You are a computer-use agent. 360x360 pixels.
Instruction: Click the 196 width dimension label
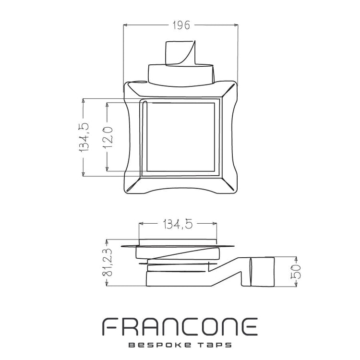click(181, 25)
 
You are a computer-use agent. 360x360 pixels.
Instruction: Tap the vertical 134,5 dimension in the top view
click(84, 137)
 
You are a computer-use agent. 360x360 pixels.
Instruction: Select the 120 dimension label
click(108, 137)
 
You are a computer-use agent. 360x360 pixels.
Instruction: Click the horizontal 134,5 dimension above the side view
click(178, 224)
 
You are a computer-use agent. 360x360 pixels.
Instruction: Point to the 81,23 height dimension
click(108, 263)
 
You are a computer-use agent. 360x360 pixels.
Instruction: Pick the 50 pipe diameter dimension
click(296, 272)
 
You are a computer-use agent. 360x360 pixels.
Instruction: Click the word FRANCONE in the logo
click(180, 327)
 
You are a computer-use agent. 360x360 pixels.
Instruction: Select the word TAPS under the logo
click(215, 345)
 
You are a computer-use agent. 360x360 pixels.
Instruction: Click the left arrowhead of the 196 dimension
click(125, 25)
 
